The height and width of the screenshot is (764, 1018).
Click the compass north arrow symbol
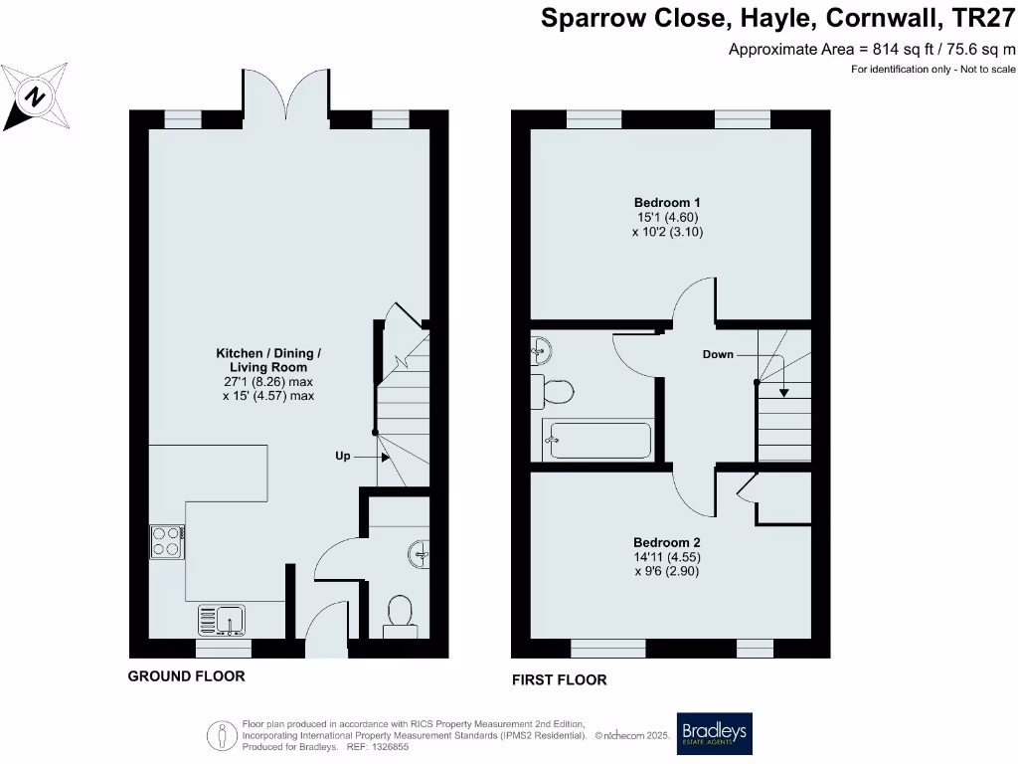[35, 96]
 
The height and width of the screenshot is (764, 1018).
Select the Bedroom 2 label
[667, 542]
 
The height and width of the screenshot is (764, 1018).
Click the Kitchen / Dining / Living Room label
[268, 360]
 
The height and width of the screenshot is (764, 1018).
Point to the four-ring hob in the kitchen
[166, 542]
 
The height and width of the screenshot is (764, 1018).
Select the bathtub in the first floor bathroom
[596, 440]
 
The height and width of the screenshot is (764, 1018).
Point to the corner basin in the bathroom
[542, 348]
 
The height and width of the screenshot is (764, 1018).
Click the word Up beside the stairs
[342, 456]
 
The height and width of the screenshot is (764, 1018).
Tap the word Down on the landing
[718, 354]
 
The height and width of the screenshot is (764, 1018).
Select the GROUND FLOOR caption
[186, 676]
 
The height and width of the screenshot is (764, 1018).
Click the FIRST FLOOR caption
[559, 680]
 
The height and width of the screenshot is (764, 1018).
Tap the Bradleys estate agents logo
[714, 735]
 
